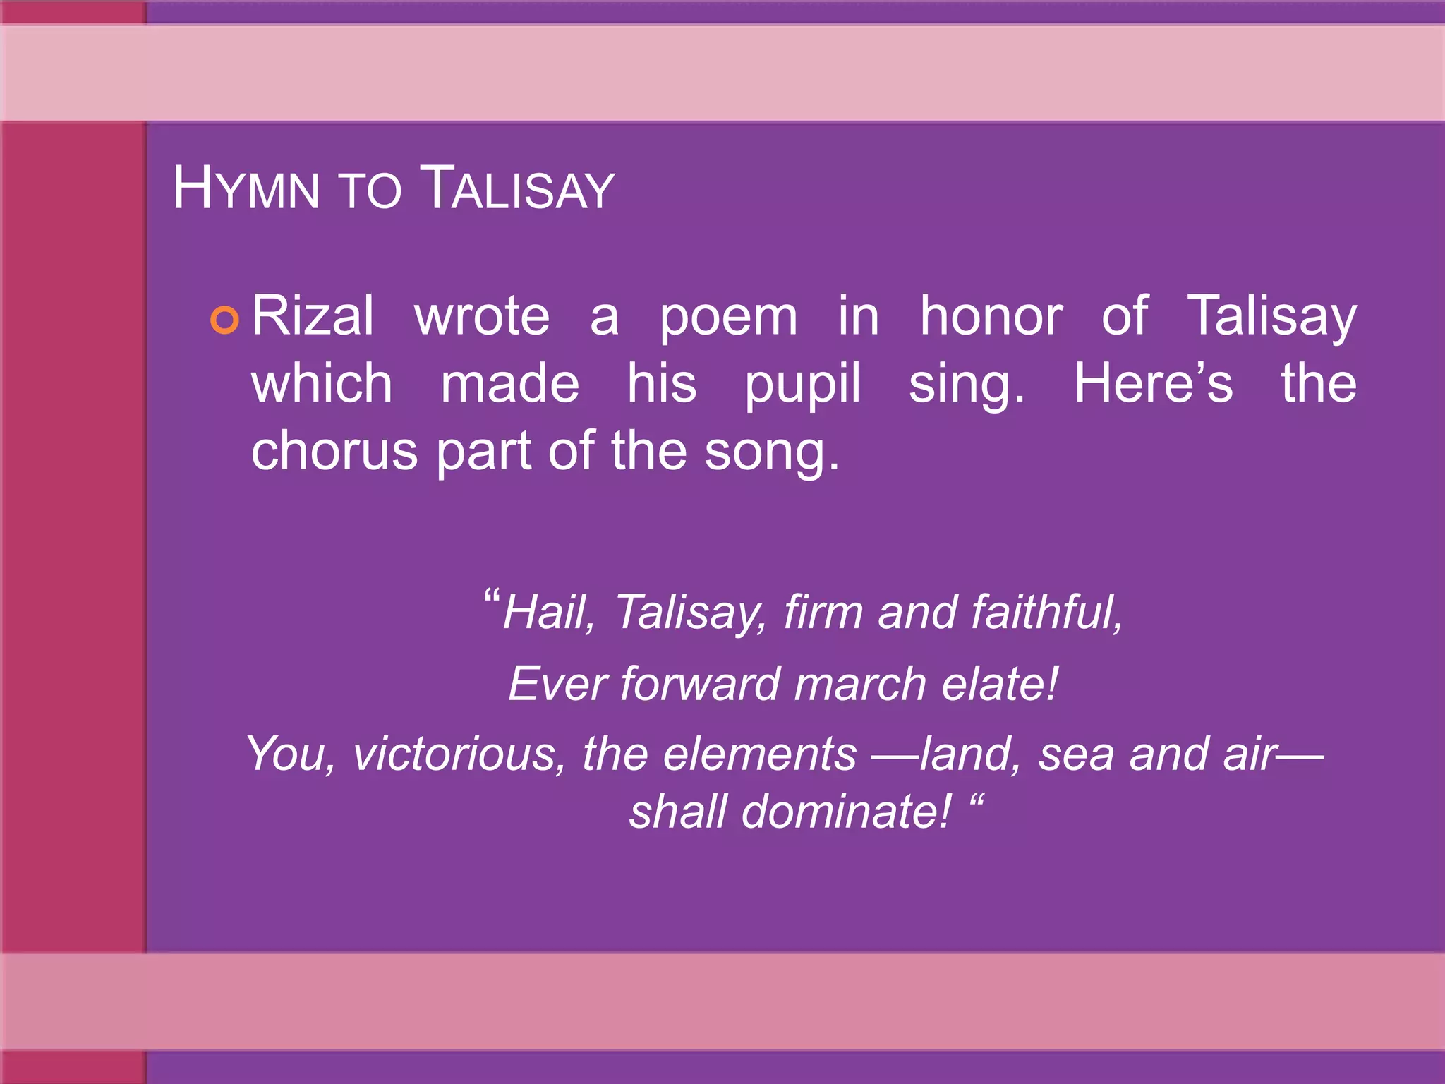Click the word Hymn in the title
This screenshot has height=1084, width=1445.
246,188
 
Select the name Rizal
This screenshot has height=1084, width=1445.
313,315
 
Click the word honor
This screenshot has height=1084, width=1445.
991,315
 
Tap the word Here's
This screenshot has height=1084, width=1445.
1153,383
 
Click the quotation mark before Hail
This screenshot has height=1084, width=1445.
492,597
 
